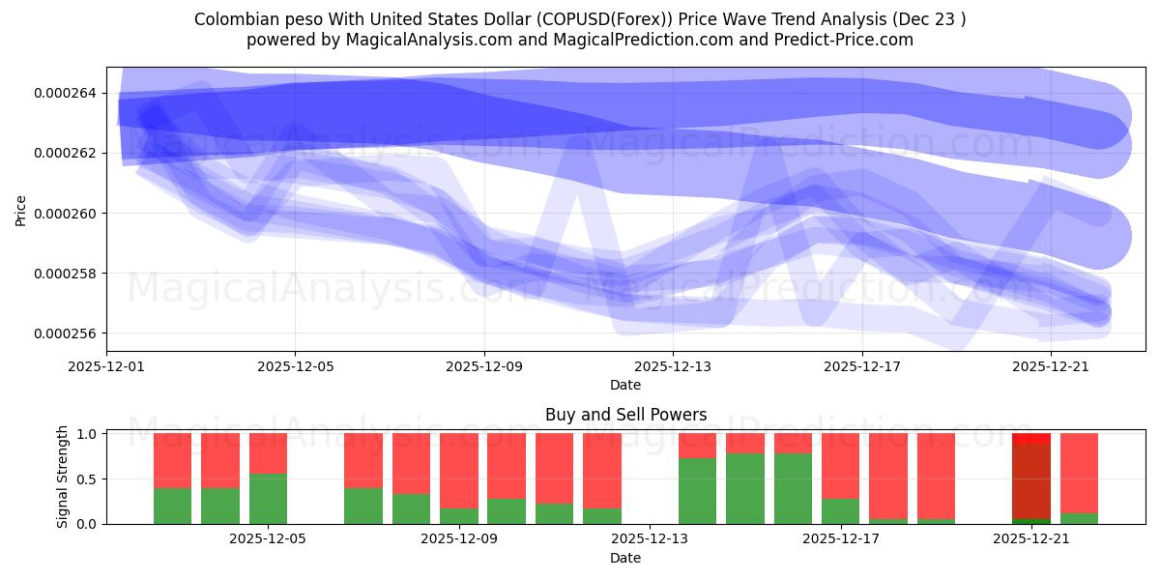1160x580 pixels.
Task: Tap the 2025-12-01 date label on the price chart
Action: pyautogui.click(x=106, y=366)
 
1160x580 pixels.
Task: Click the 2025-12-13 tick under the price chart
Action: pyautogui.click(x=673, y=366)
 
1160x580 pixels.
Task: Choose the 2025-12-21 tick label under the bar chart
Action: pyautogui.click(x=1030, y=539)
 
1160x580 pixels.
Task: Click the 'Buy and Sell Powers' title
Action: pyautogui.click(x=625, y=415)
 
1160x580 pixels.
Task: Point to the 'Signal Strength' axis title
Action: pyautogui.click(x=63, y=477)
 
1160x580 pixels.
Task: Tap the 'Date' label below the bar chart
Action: pyautogui.click(x=625, y=558)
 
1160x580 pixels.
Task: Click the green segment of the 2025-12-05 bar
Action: pyautogui.click(x=268, y=499)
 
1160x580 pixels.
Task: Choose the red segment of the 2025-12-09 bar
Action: pyautogui.click(x=458, y=470)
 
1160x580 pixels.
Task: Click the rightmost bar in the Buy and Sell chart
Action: pyautogui.click(x=1079, y=474)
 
